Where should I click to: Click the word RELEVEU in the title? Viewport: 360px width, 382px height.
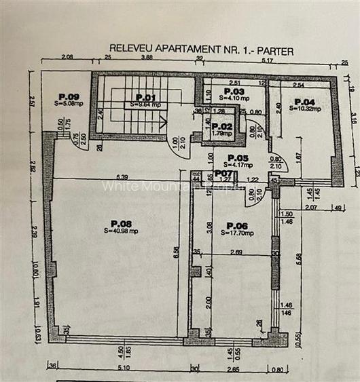point(130,49)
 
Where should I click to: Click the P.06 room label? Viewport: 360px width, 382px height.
point(237,225)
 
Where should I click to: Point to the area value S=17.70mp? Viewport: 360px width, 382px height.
point(237,233)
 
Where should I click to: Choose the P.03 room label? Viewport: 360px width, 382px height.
point(234,91)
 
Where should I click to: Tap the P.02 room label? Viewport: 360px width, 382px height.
point(221,126)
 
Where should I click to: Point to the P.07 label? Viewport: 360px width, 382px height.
point(223,173)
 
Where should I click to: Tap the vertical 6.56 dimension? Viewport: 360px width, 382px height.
point(177,252)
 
